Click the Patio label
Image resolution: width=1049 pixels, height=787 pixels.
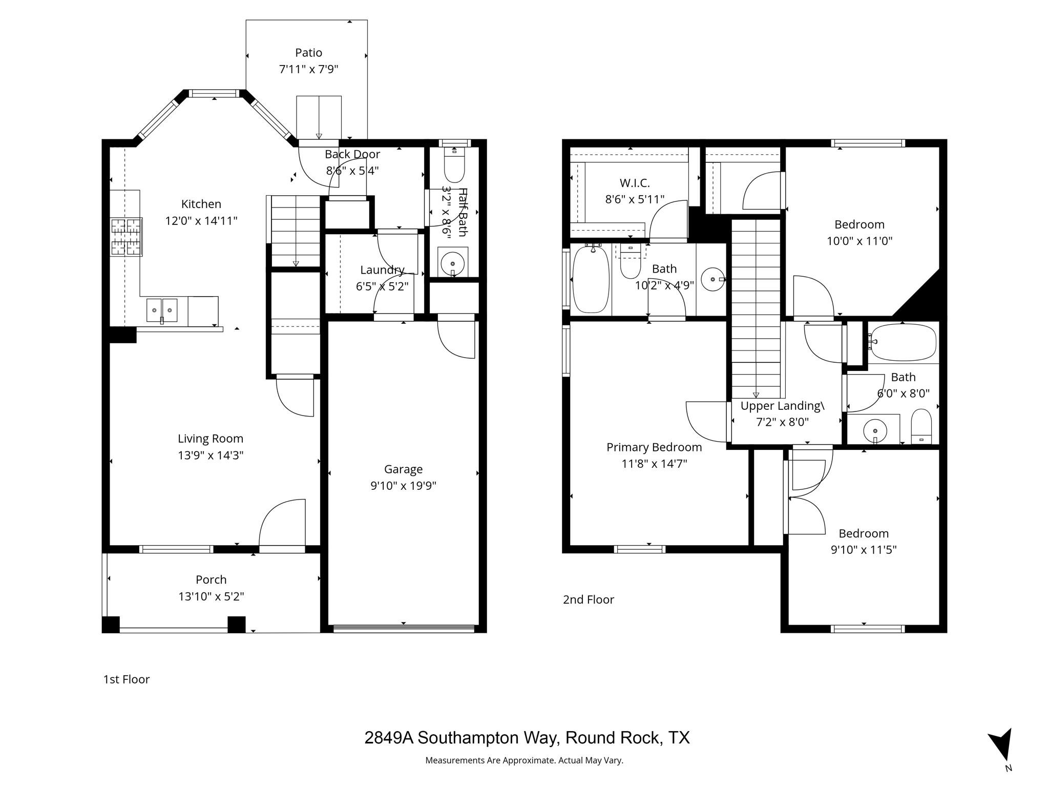[308, 53]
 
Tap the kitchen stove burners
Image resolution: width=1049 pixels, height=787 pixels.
[126, 237]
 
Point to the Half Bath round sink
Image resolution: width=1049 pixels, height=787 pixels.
[453, 263]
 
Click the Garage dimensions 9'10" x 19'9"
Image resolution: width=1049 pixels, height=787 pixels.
[403, 486]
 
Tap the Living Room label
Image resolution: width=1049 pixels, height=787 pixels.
[210, 439]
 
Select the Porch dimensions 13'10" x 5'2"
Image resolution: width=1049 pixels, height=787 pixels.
[211, 596]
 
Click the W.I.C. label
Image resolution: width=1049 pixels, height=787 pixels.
[634, 183]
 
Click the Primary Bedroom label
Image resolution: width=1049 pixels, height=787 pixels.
[654, 447]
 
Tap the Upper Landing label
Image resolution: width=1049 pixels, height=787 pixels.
[782, 406]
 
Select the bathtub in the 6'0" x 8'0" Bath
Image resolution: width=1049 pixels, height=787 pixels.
[904, 342]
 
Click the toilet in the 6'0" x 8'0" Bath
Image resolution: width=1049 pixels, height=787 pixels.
[921, 425]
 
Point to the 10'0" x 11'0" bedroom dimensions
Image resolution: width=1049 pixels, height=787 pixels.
[859, 241]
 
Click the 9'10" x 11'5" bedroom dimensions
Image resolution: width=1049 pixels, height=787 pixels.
[863, 550]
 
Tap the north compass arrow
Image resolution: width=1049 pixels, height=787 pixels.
[1001, 745]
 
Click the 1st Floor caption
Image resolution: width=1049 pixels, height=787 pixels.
[126, 679]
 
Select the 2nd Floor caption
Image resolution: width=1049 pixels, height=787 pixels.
[588, 599]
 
